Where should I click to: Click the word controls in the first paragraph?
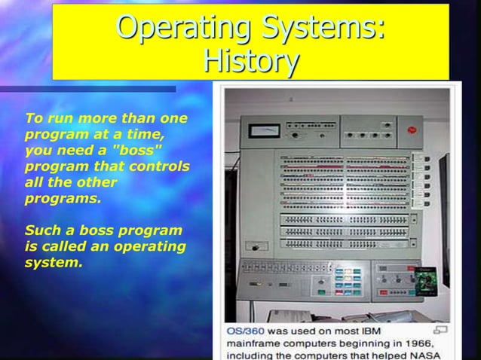(162, 166)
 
